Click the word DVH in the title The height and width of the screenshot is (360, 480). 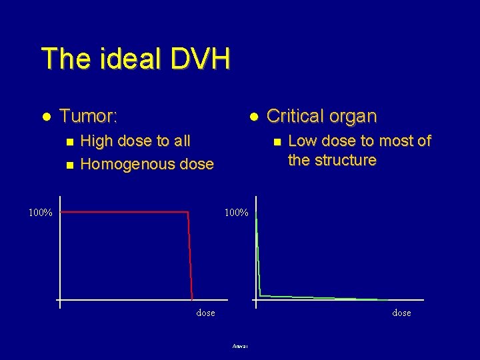coord(200,59)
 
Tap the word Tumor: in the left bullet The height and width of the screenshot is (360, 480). coord(89,117)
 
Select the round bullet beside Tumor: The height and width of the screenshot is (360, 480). coord(47,117)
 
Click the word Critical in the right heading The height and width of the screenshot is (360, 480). coord(294,116)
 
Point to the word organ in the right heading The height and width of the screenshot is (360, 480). coord(351,116)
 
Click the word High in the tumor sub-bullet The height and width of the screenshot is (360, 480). coord(96,141)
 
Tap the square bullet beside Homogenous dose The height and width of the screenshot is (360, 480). coord(65,164)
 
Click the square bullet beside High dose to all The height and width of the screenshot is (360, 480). coord(65,141)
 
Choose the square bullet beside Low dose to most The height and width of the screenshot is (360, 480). coord(274,141)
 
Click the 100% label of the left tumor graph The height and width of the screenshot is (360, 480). coord(41,213)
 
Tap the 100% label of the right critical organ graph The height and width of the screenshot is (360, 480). coord(237,213)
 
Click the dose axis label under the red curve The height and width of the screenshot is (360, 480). coord(205,313)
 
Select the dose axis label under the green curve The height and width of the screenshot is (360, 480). coord(401,313)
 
